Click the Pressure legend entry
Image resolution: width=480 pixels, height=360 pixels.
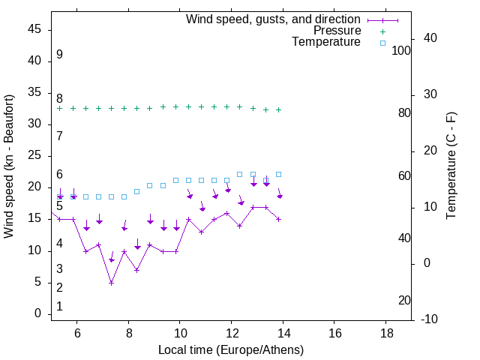337,31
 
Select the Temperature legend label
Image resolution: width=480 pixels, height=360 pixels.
326,42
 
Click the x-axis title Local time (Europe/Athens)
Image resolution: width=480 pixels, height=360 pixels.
231,349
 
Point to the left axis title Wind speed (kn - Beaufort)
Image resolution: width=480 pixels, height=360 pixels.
9,166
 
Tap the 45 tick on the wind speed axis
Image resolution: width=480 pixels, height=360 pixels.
34,29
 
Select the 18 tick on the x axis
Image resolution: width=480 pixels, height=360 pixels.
385,332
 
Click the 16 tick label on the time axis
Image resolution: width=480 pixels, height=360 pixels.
334,332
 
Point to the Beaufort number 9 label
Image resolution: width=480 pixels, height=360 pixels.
59,55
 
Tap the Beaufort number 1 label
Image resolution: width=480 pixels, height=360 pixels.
59,307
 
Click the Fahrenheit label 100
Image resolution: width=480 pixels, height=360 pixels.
402,50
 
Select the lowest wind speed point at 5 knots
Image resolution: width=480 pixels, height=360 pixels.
111,283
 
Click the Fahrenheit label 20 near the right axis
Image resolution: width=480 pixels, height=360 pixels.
404,301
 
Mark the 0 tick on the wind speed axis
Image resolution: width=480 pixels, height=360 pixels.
38,313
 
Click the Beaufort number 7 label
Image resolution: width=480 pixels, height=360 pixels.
59,136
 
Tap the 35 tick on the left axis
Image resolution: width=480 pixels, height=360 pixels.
34,92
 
